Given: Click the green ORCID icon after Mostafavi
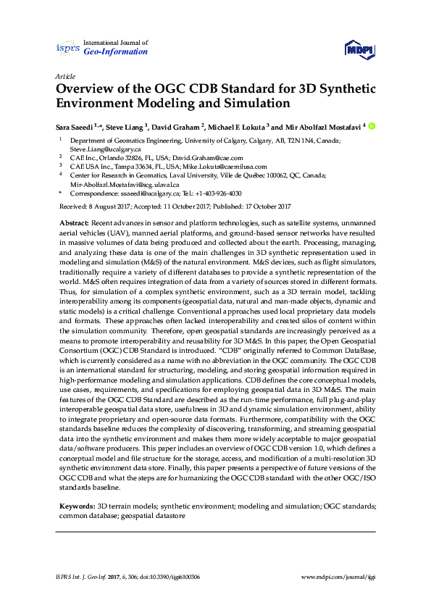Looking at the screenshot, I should point(372,125).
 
